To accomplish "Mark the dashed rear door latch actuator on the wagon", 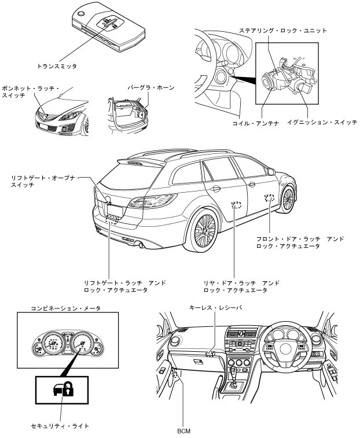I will pos(236,204).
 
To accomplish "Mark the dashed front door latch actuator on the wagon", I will pos(269,198).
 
